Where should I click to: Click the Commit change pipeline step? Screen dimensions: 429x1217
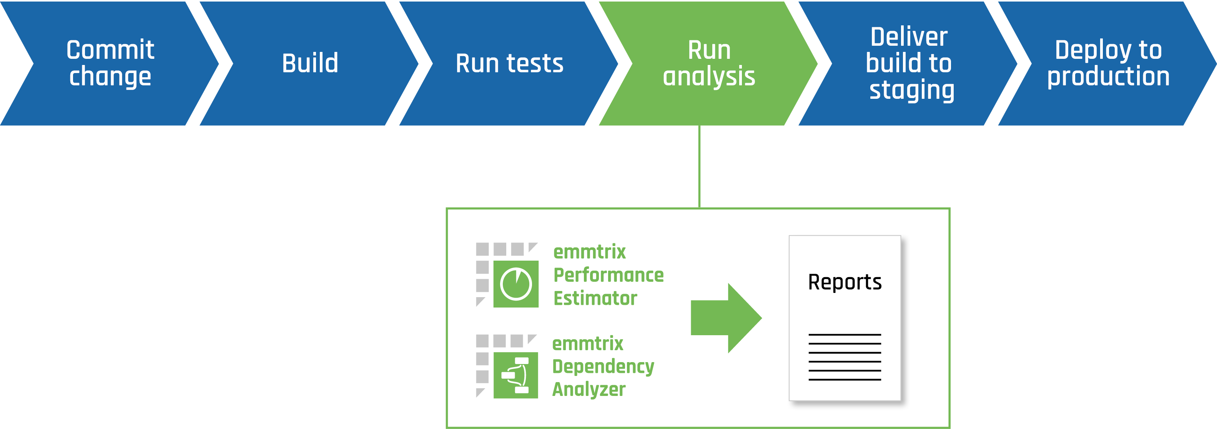coord(110,63)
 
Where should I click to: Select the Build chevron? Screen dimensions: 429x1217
coord(310,63)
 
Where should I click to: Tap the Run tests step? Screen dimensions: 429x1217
coord(509,63)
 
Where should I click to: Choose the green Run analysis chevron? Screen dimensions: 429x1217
coord(709,63)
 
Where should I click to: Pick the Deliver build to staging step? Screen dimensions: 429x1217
coord(909,63)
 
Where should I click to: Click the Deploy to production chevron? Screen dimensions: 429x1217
coord(1108,63)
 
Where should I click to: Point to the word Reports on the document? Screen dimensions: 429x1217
coord(845,282)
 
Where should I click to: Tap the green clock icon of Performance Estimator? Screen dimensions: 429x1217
coord(516,284)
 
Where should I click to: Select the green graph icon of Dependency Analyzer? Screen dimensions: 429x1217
coord(516,375)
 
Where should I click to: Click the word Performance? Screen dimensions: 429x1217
coord(608,275)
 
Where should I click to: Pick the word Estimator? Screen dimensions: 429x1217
coord(595,298)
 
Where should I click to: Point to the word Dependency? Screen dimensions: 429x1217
coord(603,367)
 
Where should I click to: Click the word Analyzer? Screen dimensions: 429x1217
coord(589,390)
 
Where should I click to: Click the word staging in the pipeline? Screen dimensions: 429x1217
coord(912,90)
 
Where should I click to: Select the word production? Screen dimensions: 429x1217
coord(1108,76)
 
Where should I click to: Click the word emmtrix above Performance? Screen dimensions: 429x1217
coord(590,252)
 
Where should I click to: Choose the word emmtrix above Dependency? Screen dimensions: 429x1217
coord(588,344)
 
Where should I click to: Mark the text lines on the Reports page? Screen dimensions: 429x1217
coord(845,357)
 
